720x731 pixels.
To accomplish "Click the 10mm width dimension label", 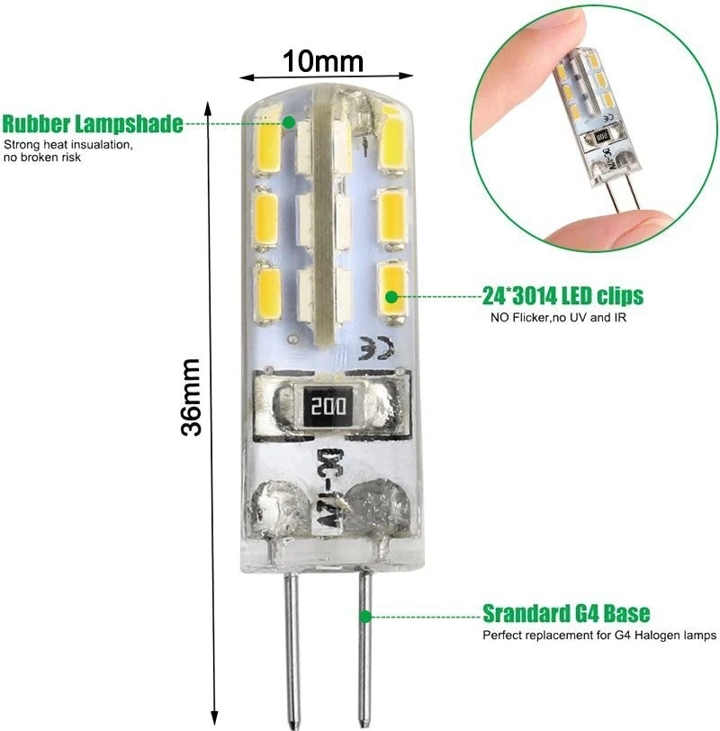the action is [x=323, y=61].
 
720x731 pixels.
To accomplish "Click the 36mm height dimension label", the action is [x=191, y=397].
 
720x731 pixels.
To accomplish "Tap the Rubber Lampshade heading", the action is [x=93, y=123].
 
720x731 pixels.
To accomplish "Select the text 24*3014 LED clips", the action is [x=562, y=295].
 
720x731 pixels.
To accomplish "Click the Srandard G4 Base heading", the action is [x=566, y=613].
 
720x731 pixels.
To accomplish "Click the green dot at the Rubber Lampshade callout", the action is [x=290, y=122].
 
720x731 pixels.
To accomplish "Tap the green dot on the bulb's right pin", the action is [x=365, y=617].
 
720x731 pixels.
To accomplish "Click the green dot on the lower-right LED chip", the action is [x=391, y=296].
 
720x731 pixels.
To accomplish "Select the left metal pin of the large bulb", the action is [x=292, y=649].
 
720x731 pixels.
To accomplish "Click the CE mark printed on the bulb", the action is [x=376, y=348].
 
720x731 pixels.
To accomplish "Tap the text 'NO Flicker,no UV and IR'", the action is [x=558, y=318].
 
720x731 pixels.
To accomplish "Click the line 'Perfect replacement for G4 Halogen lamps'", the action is [x=599, y=635].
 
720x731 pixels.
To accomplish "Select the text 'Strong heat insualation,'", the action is [x=68, y=145].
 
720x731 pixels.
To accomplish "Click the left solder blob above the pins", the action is [x=280, y=507].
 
